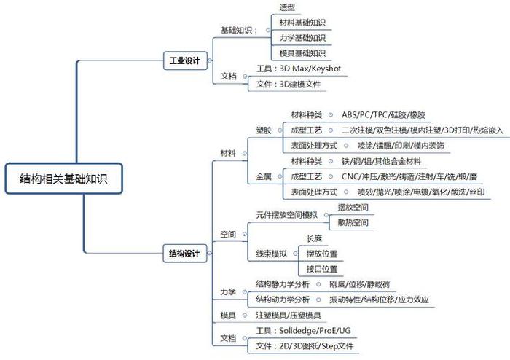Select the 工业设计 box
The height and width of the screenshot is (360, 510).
tap(184, 61)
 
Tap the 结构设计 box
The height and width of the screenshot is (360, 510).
tap(184, 254)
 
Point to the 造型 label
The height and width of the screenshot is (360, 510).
tap(286, 7)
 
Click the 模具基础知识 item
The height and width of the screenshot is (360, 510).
tap(302, 53)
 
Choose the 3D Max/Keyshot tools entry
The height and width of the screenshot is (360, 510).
tap(299, 69)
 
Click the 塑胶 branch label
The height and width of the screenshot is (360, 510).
tap(264, 130)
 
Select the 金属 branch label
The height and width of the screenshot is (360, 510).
tap(264, 176)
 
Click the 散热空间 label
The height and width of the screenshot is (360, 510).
tap(353, 222)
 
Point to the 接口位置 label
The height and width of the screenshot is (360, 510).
tap(322, 269)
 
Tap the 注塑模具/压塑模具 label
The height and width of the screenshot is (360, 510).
tap(289, 315)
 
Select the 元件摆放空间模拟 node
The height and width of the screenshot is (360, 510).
tap(286, 215)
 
